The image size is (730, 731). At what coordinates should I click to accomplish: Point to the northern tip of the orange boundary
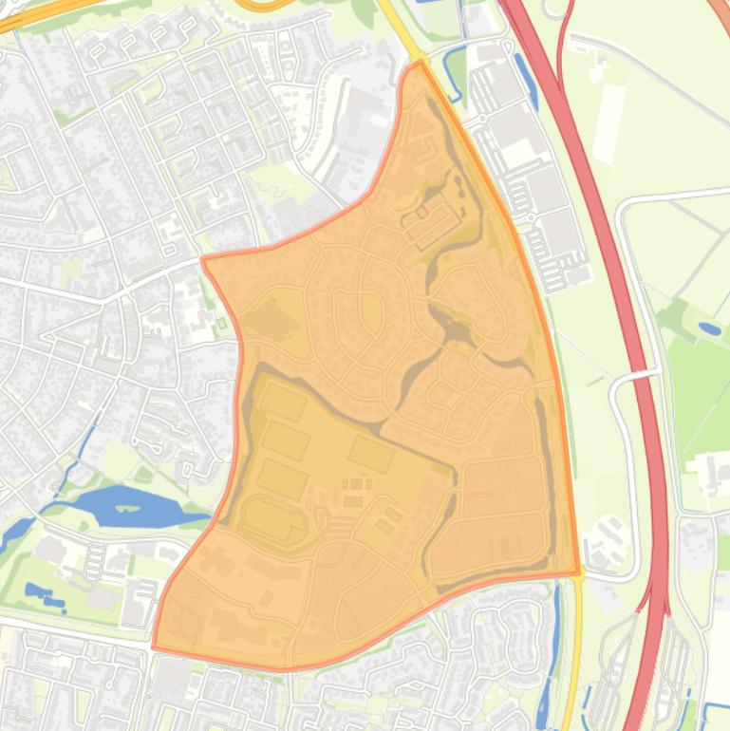[418, 63]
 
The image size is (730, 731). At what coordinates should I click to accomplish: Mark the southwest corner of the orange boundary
[154, 648]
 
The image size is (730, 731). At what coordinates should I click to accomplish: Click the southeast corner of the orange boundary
[578, 573]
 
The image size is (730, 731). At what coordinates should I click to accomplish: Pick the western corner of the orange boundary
[203, 257]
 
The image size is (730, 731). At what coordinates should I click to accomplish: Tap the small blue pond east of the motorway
[709, 328]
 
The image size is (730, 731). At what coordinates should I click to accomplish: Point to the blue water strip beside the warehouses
[525, 81]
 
